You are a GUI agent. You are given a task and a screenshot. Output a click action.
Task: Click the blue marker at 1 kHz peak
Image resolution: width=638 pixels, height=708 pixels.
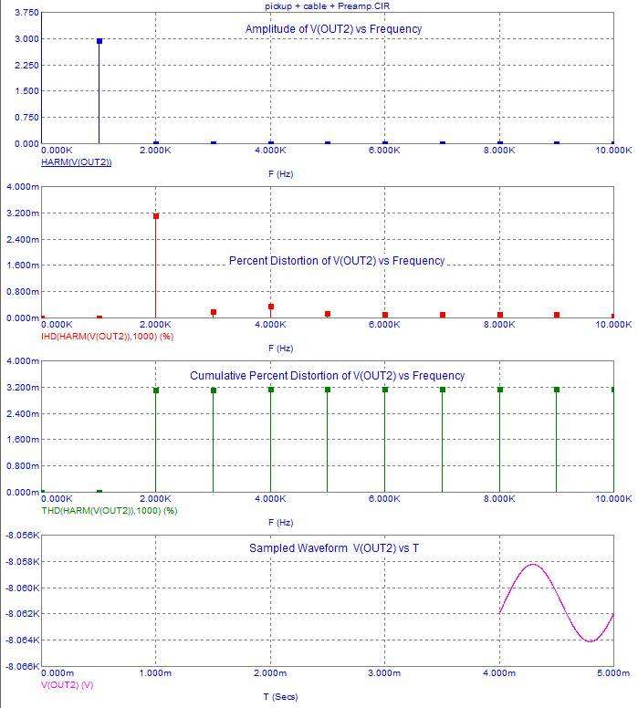click(99, 41)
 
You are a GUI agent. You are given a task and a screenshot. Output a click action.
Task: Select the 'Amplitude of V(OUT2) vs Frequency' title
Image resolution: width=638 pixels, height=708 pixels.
click(333, 29)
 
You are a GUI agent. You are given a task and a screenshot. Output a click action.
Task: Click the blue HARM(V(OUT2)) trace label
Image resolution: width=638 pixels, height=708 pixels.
click(77, 161)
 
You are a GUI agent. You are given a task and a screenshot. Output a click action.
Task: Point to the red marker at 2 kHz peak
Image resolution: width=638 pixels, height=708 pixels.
click(156, 216)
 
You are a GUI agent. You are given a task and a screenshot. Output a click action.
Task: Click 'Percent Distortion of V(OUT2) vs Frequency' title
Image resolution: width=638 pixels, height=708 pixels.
click(337, 261)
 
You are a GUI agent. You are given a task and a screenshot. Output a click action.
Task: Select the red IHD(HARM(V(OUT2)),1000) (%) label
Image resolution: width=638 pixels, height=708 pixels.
click(108, 336)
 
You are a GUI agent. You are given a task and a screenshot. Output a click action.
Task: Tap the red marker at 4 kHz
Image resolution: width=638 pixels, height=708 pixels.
click(271, 307)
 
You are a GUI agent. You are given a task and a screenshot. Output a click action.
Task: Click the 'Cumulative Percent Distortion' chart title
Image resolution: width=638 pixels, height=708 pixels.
click(327, 376)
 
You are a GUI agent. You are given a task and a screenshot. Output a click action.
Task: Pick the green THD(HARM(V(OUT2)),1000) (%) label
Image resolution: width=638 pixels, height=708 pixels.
click(110, 510)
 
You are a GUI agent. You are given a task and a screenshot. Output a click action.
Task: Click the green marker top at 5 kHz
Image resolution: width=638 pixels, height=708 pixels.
click(328, 390)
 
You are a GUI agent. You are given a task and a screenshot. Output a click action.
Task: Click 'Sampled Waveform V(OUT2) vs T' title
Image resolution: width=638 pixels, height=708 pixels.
click(334, 548)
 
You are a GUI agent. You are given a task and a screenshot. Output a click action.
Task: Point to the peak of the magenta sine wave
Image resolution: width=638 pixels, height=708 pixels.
click(534, 565)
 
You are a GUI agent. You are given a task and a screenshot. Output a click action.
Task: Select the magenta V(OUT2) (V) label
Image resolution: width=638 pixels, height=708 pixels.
click(68, 683)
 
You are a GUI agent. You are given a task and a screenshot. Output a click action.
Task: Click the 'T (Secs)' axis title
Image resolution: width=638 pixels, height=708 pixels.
click(279, 697)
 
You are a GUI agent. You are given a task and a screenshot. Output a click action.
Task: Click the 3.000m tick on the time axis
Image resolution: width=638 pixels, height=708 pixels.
click(384, 673)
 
